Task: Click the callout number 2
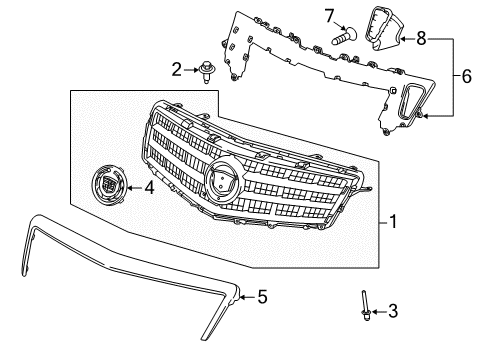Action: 176,69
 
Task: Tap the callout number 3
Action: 392,340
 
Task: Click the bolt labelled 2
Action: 207,71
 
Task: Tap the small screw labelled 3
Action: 367,333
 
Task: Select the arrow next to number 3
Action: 378,340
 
